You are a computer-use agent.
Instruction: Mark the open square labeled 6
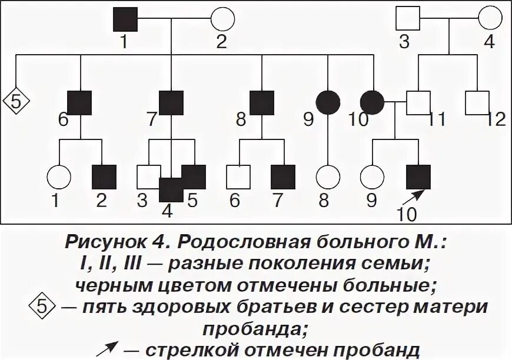pyautogui.click(x=238, y=176)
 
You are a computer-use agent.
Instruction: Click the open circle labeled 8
pyautogui.click(x=328, y=176)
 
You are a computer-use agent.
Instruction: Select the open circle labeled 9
pyautogui.click(x=371, y=176)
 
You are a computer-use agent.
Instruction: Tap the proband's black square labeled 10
pyautogui.click(x=418, y=176)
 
